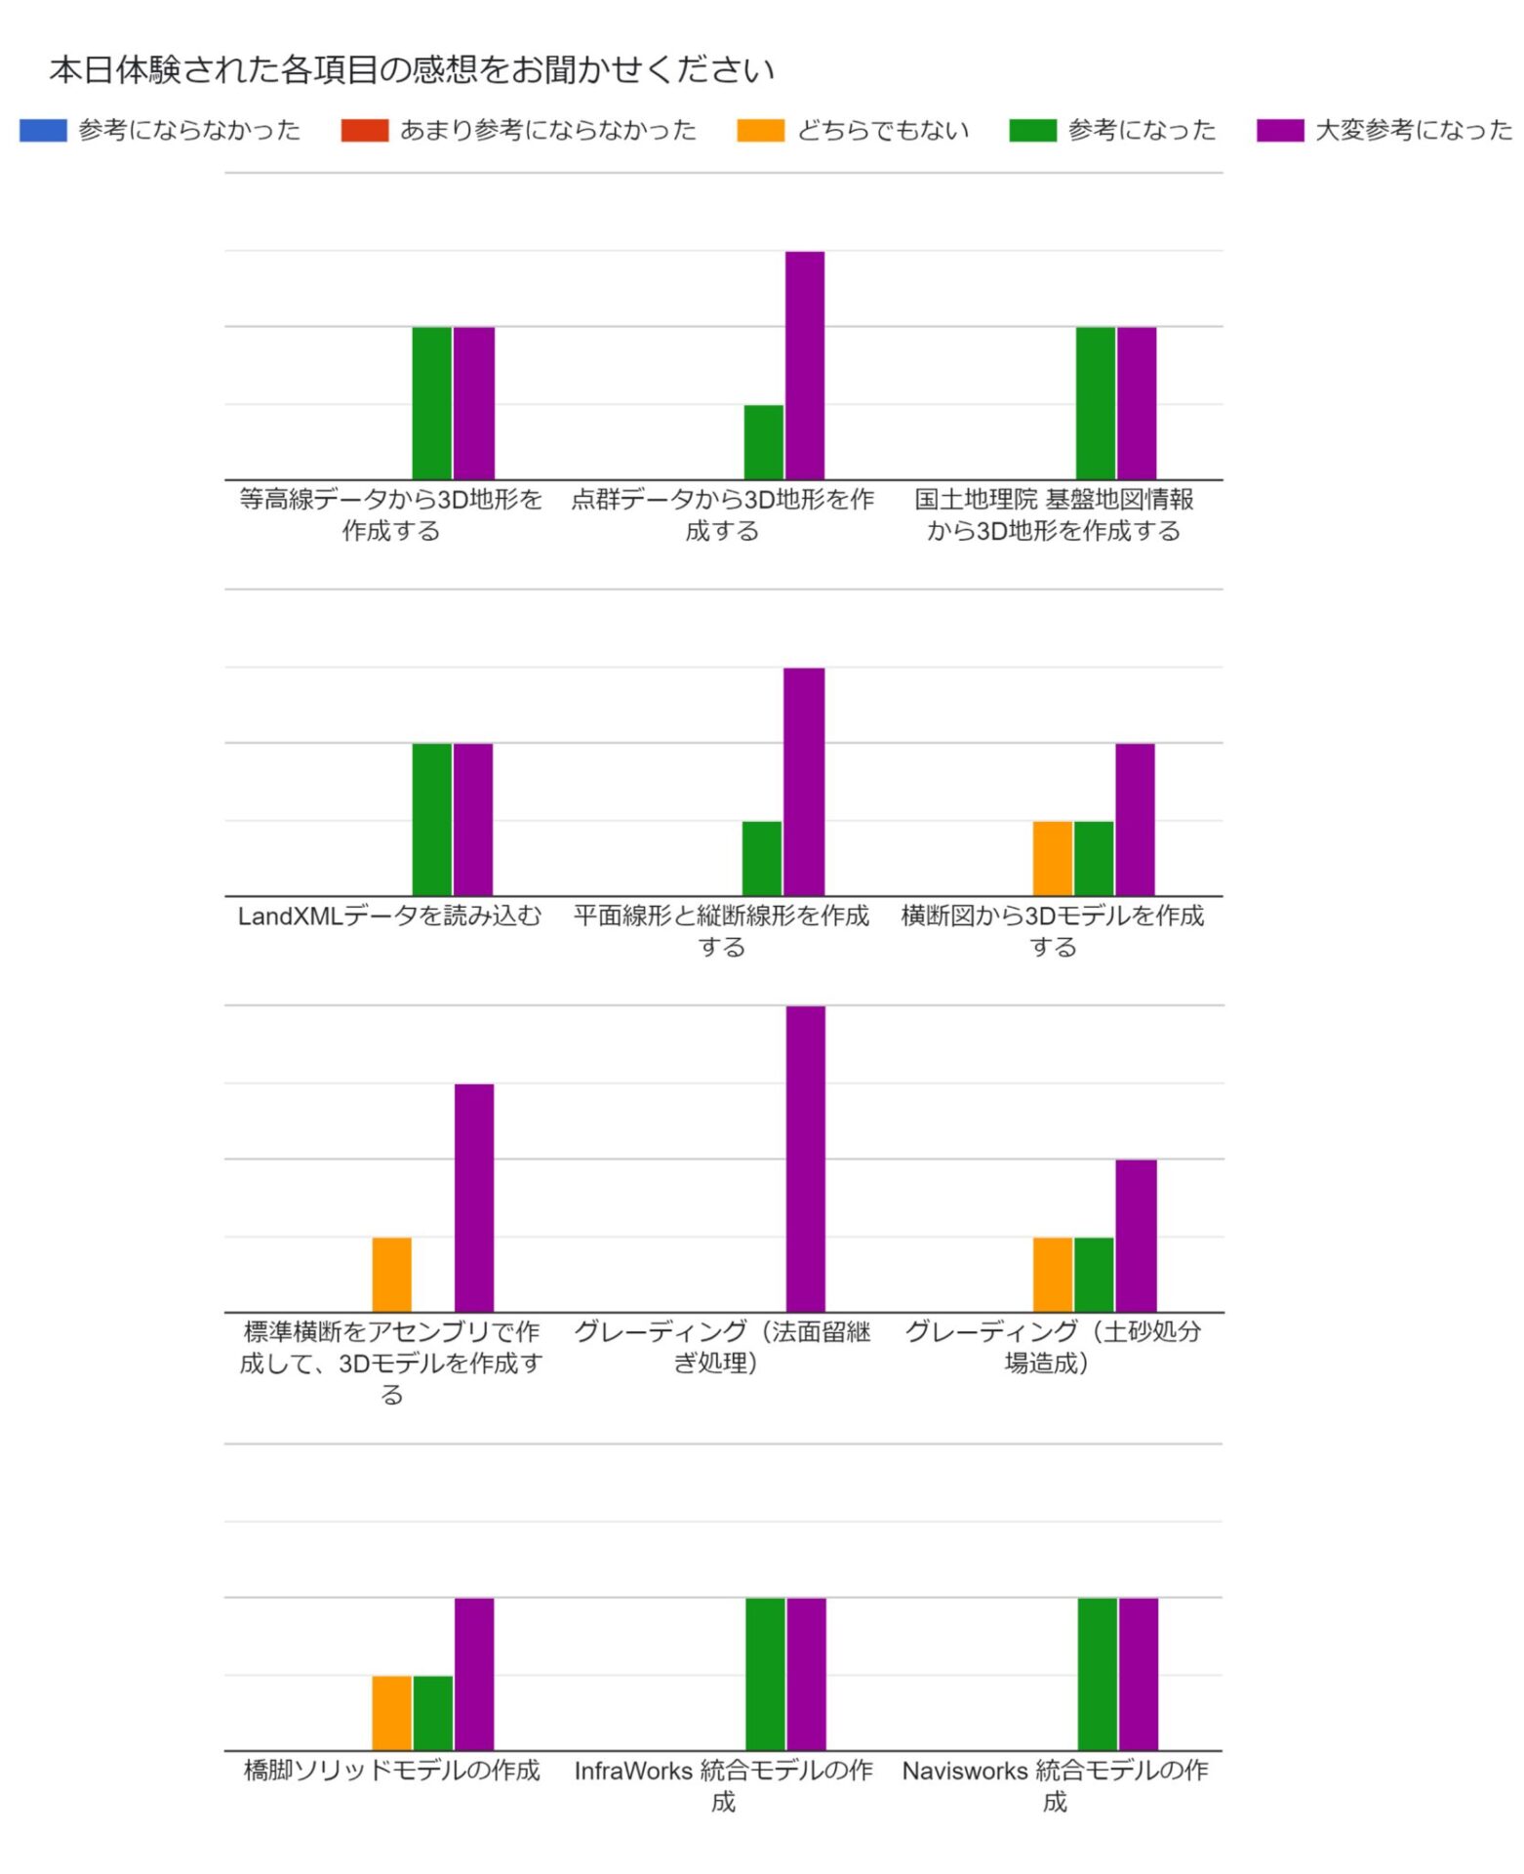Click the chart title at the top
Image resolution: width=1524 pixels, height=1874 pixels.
click(x=411, y=70)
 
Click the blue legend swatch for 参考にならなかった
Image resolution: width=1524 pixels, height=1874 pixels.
click(x=43, y=130)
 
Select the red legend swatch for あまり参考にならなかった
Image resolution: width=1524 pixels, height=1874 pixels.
click(x=364, y=130)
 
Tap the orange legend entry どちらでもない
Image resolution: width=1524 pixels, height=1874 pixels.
click(x=853, y=130)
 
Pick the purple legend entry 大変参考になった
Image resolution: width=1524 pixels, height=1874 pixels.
click(x=1384, y=130)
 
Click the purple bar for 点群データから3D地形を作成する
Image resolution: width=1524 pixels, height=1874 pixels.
click(x=804, y=365)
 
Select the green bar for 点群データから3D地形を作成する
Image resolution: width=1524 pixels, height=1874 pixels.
click(x=763, y=441)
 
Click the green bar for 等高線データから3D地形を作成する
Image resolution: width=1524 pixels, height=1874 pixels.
click(x=431, y=402)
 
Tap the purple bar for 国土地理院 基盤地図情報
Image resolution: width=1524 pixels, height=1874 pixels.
click(x=1136, y=402)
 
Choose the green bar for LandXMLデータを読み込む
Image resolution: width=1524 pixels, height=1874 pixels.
click(x=431, y=819)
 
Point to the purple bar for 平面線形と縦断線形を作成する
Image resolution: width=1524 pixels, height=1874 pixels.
click(x=803, y=781)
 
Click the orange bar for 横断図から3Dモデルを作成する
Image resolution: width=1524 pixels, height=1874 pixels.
click(x=1052, y=858)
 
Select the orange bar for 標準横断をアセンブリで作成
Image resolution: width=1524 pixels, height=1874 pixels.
click(x=391, y=1274)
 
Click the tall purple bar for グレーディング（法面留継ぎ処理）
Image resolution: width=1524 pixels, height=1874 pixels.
click(x=805, y=1158)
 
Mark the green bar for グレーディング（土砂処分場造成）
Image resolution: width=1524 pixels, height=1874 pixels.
click(x=1093, y=1274)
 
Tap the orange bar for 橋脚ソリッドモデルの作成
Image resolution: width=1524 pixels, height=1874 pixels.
click(x=391, y=1712)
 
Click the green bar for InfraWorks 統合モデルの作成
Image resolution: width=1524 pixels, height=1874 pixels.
click(x=765, y=1674)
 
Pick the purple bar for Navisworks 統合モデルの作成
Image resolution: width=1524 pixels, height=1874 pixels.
click(x=1138, y=1674)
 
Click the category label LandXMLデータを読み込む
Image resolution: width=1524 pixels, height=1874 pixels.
click(x=389, y=916)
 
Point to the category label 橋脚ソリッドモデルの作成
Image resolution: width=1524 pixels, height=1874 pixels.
click(x=391, y=1770)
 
